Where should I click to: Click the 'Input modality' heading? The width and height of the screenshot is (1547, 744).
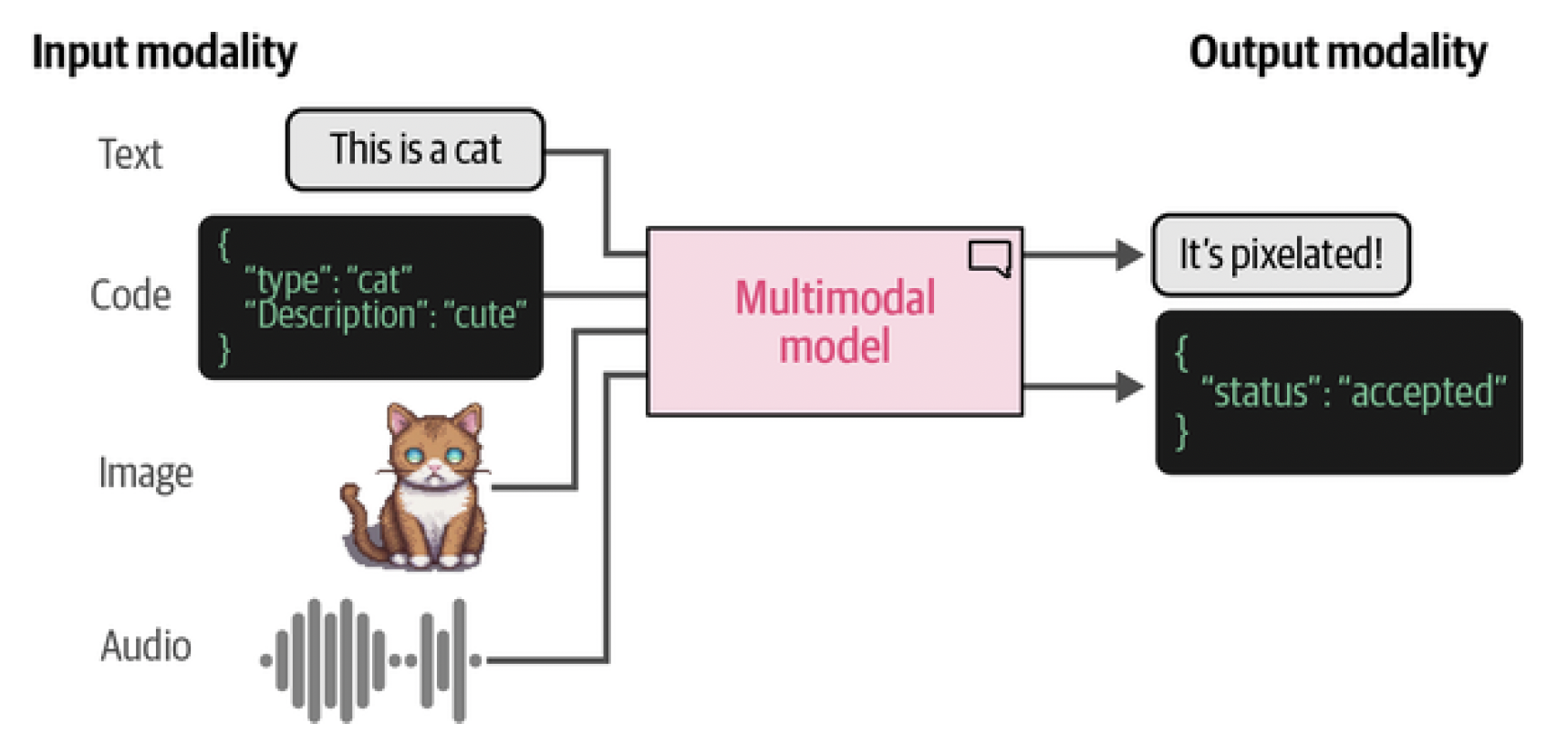[164, 53]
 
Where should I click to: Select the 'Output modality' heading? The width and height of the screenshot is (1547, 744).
[1337, 53]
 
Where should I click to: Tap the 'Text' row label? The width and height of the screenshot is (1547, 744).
[130, 154]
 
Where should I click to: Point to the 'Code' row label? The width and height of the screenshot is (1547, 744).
[130, 295]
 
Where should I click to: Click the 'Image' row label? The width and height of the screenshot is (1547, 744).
[146, 473]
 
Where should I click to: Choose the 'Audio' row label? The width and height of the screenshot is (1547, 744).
[146, 646]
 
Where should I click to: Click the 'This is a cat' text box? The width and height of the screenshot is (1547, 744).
[415, 150]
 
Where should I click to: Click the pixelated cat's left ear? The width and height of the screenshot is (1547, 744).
[400, 420]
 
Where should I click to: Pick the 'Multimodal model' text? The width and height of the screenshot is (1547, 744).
[835, 322]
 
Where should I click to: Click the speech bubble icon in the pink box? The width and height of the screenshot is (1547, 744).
[990, 257]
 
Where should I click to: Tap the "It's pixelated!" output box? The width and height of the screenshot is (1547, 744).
[1281, 254]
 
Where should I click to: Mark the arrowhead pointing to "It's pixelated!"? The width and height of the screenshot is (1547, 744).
[1129, 254]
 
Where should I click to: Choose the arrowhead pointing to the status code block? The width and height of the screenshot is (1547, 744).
[1129, 387]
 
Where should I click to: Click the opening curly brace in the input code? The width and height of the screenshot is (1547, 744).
[224, 245]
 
